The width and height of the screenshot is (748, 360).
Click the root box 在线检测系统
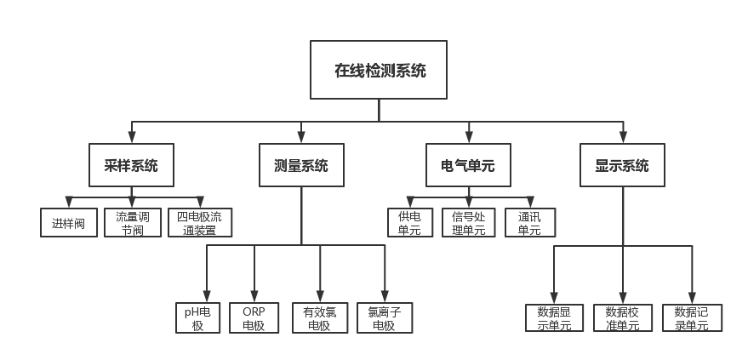coord(379,71)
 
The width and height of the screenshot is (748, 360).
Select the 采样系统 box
coord(131,166)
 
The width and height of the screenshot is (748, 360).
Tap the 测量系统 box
coord(301,166)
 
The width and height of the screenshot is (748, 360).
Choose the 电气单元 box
coord(468,166)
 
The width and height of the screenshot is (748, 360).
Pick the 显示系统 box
coord(622,166)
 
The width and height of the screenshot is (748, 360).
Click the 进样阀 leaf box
coord(69,223)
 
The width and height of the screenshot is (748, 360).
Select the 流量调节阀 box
coord(133,223)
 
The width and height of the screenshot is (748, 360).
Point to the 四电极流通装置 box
coord(199,223)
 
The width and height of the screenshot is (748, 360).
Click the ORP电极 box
coord(254,317)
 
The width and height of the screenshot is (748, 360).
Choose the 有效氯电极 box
coord(319,317)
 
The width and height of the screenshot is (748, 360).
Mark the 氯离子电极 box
coord(385,317)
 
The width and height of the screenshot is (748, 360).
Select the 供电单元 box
coord(410,223)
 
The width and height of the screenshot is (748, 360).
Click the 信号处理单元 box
coord(468,223)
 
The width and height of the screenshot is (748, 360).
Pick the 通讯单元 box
coord(530,223)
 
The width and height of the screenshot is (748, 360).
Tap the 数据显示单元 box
coord(554,317)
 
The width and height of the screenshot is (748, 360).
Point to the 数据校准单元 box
coord(622,317)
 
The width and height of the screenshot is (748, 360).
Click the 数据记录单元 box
coord(692,317)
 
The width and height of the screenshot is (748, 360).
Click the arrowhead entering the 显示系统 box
coord(622,137)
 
